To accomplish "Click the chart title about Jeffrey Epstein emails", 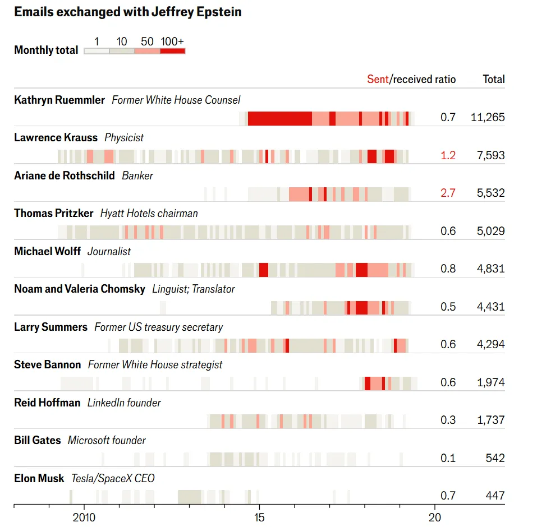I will click(128, 12).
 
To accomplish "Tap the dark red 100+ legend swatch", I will click(172, 51).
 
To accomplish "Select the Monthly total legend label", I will click(46, 50).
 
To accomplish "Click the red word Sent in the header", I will click(377, 79).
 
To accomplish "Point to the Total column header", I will click(494, 79).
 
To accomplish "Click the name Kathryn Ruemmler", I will click(59, 100).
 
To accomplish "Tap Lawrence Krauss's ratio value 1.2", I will click(448, 155).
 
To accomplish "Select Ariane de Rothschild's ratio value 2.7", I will click(448, 193).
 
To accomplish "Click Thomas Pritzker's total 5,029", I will click(490, 231).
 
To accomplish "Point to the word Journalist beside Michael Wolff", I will click(109, 251).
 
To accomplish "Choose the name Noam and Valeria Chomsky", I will click(80, 289).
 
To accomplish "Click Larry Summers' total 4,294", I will click(490, 344).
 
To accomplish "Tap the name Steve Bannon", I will click(48, 365).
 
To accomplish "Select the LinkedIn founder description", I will click(124, 403).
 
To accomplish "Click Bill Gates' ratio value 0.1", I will click(448, 458).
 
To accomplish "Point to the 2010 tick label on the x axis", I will click(84, 516).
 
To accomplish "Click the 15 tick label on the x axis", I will click(259, 516).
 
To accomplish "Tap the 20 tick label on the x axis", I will click(434, 516).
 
